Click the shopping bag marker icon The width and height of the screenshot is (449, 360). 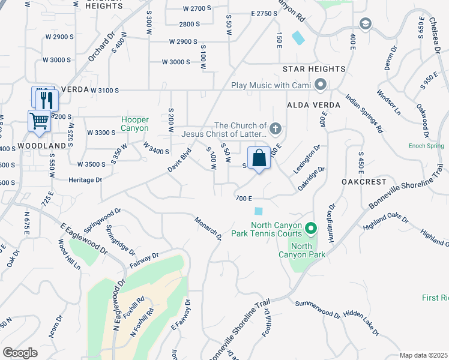pyautogui.click(x=259, y=158)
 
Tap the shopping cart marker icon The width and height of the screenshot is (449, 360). pyautogui.click(x=39, y=120)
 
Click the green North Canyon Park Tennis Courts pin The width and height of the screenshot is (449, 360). pyautogui.click(x=311, y=229)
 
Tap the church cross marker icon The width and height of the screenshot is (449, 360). pyautogui.click(x=276, y=128)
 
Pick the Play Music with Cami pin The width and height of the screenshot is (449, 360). pyautogui.click(x=320, y=85)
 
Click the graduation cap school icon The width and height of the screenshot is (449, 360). pyautogui.click(x=364, y=24)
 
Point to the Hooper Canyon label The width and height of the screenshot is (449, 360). pyautogui.click(x=134, y=124)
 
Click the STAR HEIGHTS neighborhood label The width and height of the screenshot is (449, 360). pyautogui.click(x=318, y=69)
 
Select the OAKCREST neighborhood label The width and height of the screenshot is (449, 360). pyautogui.click(x=362, y=181)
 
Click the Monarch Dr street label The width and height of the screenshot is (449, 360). pyautogui.click(x=208, y=229)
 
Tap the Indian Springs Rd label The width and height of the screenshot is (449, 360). pyautogui.click(x=364, y=113)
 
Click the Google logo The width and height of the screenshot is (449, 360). pyautogui.click(x=20, y=352)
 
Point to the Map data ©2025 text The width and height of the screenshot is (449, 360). pyautogui.click(x=423, y=355)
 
